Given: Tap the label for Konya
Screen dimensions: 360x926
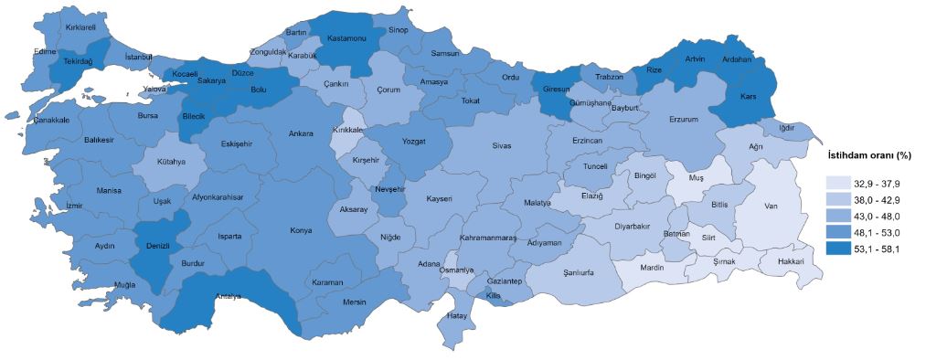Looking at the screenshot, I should pos(301,230).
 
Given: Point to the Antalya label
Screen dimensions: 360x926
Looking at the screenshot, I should pos(229,296).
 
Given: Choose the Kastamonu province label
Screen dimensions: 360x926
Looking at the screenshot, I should pos(346,39).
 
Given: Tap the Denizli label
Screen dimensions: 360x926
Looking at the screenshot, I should pos(159,246).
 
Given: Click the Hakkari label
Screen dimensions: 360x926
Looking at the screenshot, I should pos(790,261).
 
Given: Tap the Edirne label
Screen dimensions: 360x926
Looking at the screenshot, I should pos(45,51).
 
